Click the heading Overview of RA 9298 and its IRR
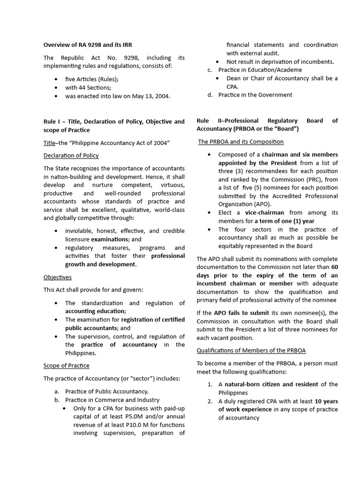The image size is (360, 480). (x=88, y=45)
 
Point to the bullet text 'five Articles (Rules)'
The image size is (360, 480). (x=92, y=79)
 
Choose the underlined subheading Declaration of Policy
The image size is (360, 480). (x=71, y=155)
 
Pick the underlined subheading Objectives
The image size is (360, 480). (x=58, y=277)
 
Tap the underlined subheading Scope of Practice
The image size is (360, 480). (x=66, y=365)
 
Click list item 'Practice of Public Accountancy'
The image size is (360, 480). (x=107, y=391)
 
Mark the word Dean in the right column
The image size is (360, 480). (x=234, y=78)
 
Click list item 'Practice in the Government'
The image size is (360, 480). (x=255, y=95)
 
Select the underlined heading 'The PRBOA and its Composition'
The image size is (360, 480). (x=240, y=142)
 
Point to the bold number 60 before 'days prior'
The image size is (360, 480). (x=334, y=267)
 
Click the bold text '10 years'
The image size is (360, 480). (x=326, y=401)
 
